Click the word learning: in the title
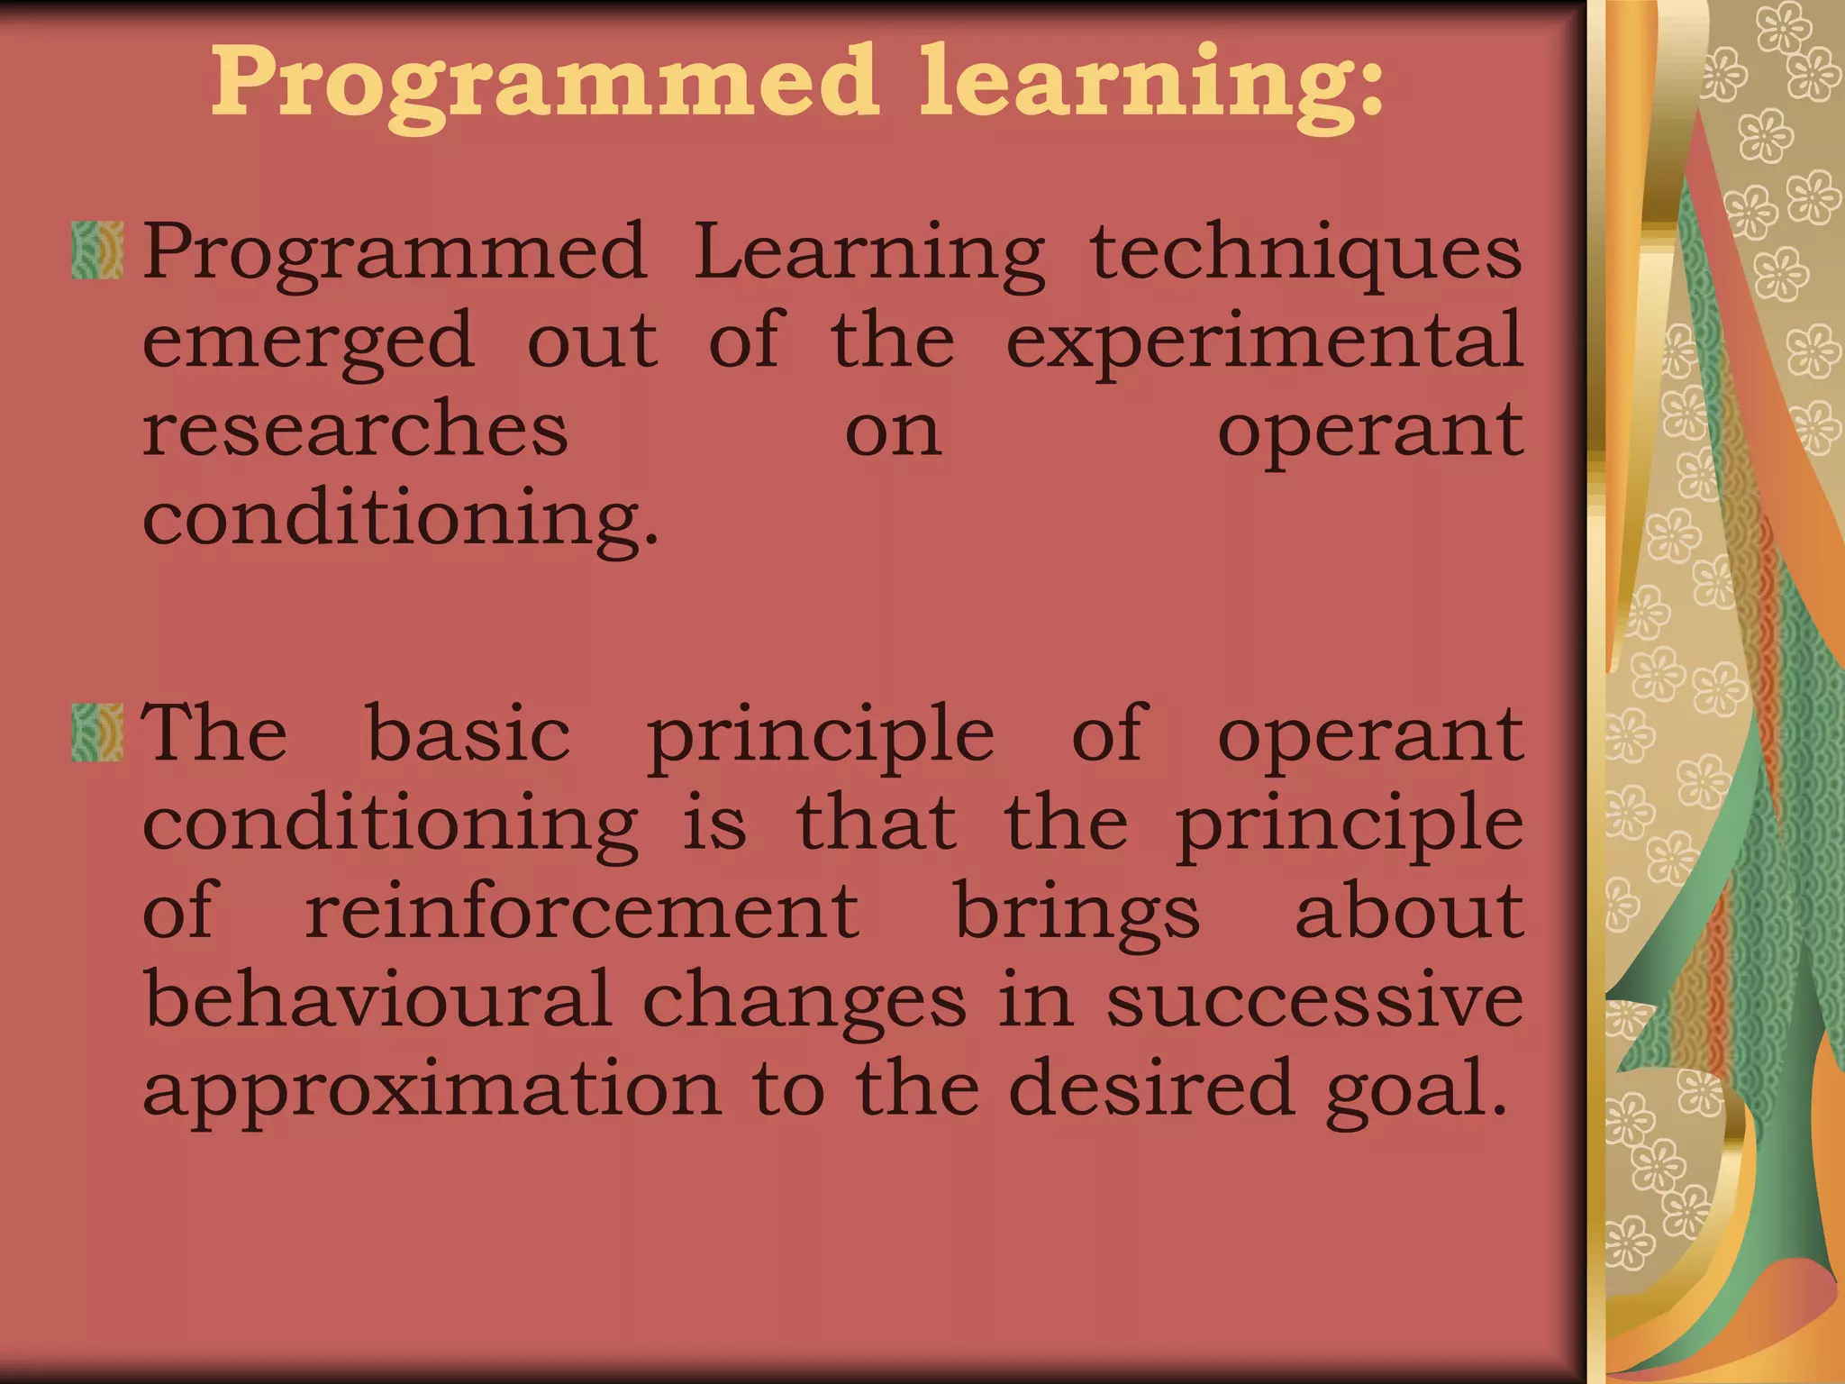pyautogui.click(x=1150, y=86)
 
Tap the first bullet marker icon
pyautogui.click(x=97, y=250)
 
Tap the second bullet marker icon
pyautogui.click(x=97, y=733)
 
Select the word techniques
pyautogui.click(x=1305, y=253)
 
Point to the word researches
pyautogui.click(x=355, y=430)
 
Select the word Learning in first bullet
pyautogui.click(x=869, y=253)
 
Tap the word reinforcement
pyautogui.click(x=582, y=912)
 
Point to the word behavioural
pyautogui.click(x=377, y=1000)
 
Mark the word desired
pyautogui.click(x=1151, y=1088)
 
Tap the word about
pyautogui.click(x=1408, y=912)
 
